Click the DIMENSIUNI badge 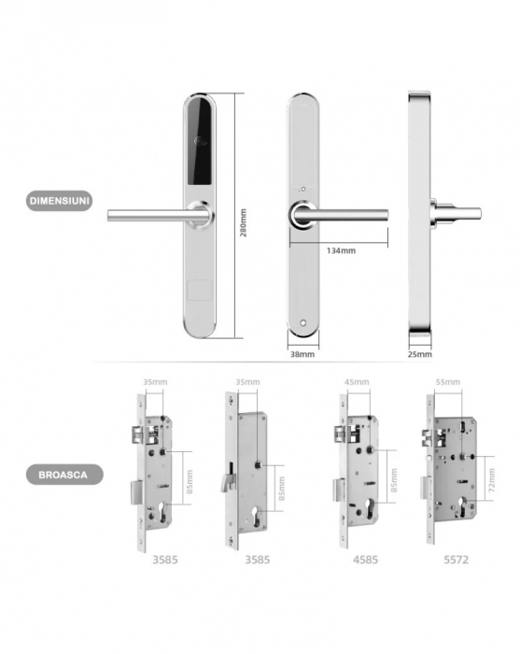pos(59,201)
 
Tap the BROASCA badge pos(64,475)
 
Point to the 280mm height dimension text pos(243,222)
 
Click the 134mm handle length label pos(341,250)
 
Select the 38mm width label pos(302,354)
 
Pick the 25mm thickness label pos(419,354)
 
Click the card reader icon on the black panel pos(201,143)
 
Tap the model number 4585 pos(365,560)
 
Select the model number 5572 pos(456,560)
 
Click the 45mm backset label pos(357,382)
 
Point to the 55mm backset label pos(448,382)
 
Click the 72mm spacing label pos(492,479)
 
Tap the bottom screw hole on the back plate pos(303,323)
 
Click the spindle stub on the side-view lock pos(457,213)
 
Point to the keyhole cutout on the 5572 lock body pos(462,506)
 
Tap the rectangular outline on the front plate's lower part pos(200,291)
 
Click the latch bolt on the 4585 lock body pos(340,434)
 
